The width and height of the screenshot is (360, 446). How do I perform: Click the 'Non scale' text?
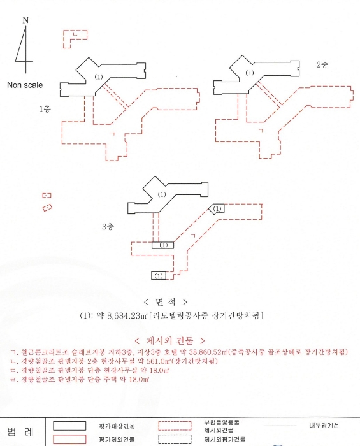pyautogui.click(x=25, y=84)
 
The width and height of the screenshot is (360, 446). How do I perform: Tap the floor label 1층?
pyautogui.click(x=45, y=109)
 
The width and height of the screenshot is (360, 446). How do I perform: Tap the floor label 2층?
pyautogui.click(x=323, y=65)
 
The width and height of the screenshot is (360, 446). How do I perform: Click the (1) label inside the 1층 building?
pyautogui.click(x=97, y=76)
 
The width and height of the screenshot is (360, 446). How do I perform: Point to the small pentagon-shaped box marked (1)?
pyautogui.click(x=217, y=208)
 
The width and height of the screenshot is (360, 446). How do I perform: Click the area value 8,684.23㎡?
pyautogui.click(x=126, y=315)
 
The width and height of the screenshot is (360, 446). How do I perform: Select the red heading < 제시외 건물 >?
pyautogui.click(x=169, y=340)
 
